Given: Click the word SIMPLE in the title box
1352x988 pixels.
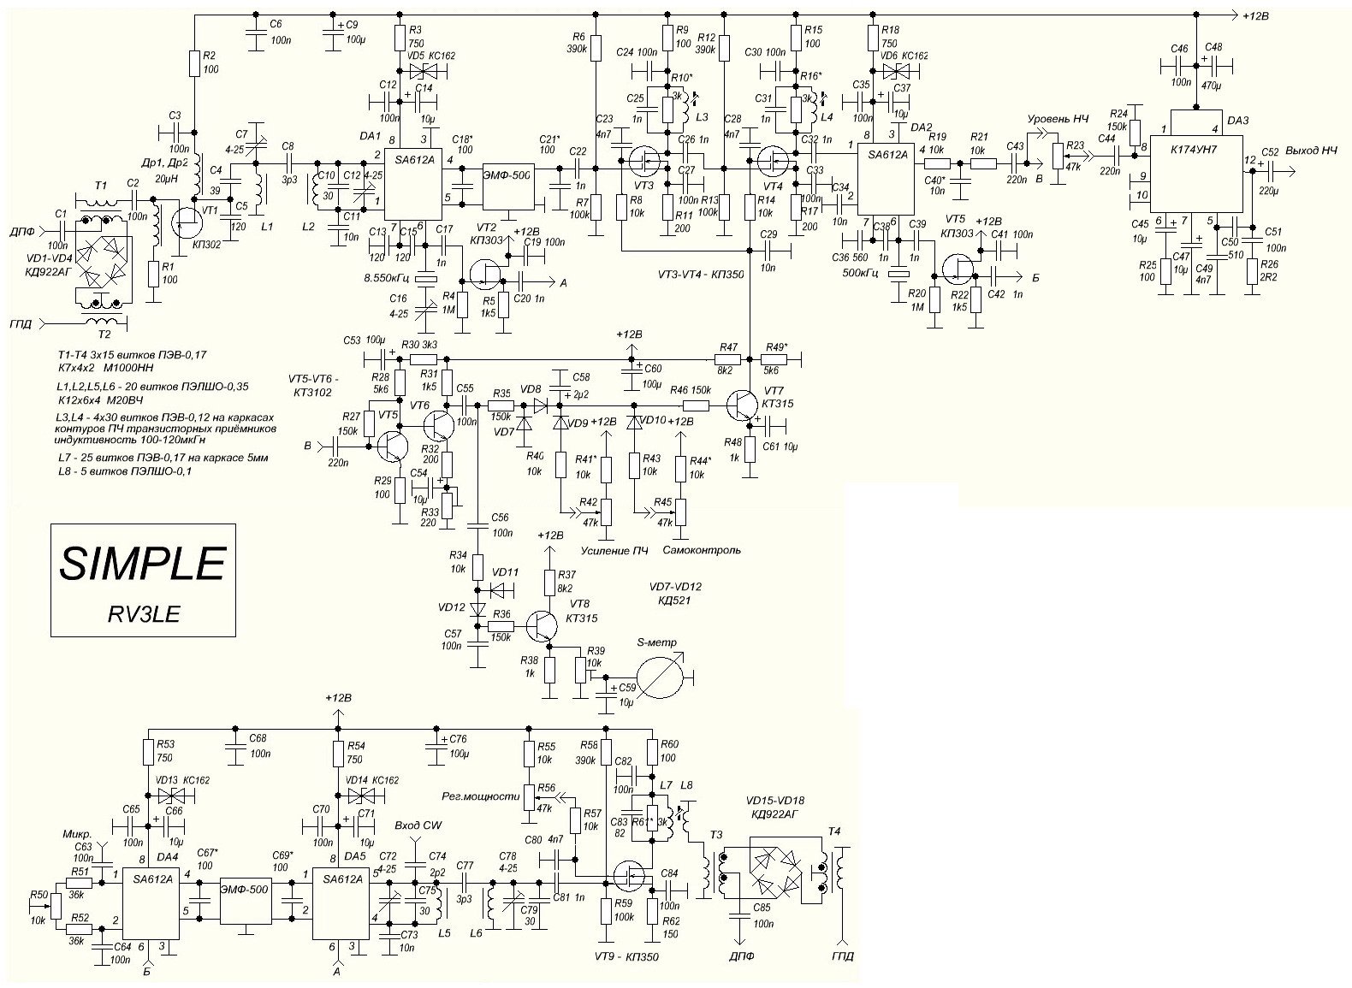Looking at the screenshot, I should click(142, 564).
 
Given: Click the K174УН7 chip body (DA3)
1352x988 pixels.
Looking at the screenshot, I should click(1195, 166).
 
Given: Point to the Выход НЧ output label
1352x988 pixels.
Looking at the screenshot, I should click(1310, 151).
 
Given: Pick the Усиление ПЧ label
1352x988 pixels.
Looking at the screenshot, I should click(614, 550).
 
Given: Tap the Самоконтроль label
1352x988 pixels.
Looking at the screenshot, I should click(708, 550).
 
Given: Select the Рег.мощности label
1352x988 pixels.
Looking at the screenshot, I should click(480, 796).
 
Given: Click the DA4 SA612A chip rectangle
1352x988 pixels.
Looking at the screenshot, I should click(151, 902).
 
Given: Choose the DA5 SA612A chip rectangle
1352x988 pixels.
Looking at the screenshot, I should click(342, 902).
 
